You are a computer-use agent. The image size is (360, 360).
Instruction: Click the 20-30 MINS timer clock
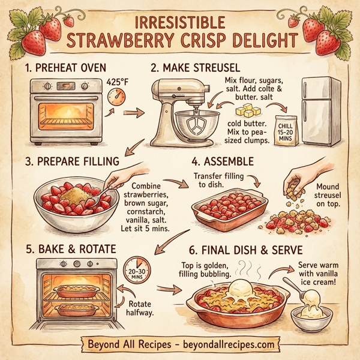click(x=136, y=270)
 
